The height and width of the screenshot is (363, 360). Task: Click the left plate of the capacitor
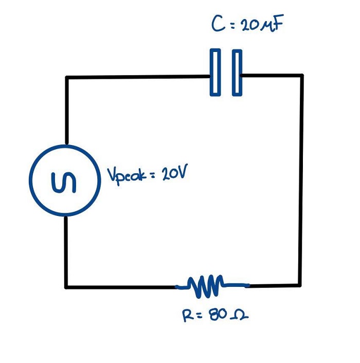tap(215, 72)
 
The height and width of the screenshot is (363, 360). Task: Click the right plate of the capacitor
tap(237, 72)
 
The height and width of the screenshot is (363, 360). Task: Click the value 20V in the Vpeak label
tap(173, 174)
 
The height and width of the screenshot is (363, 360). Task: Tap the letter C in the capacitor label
tap(218, 25)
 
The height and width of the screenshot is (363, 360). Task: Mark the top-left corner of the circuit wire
tap(66, 78)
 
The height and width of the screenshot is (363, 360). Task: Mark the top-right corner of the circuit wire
tap(301, 76)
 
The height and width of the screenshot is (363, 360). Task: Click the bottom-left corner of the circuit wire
tap(66, 286)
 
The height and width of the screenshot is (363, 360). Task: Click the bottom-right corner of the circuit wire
tap(300, 284)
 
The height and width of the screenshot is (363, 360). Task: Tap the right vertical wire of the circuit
tap(301, 180)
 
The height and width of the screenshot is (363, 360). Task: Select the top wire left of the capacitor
tap(139, 77)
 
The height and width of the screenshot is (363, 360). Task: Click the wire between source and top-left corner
tap(66, 111)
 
